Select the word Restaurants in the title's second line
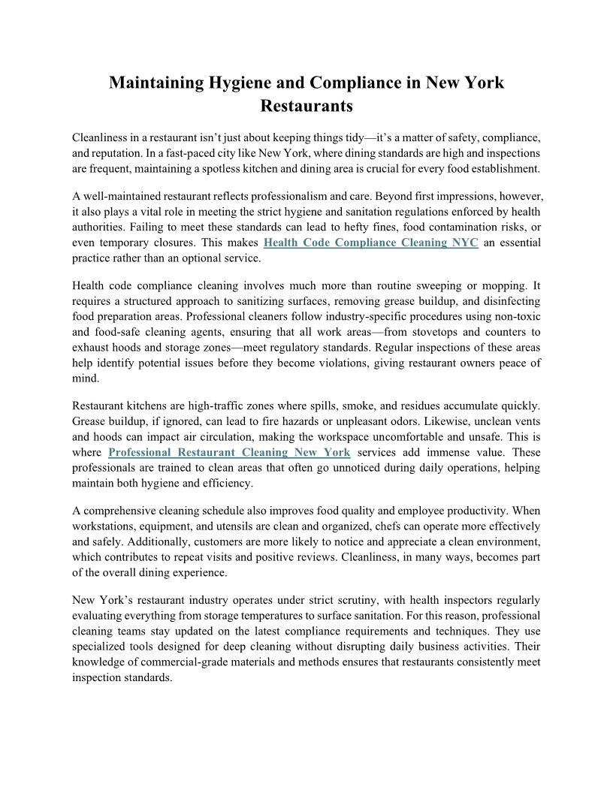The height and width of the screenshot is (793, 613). pos(306,106)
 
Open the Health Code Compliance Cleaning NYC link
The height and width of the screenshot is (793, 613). pos(371,243)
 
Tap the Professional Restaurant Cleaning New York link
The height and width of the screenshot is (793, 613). pos(229,452)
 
